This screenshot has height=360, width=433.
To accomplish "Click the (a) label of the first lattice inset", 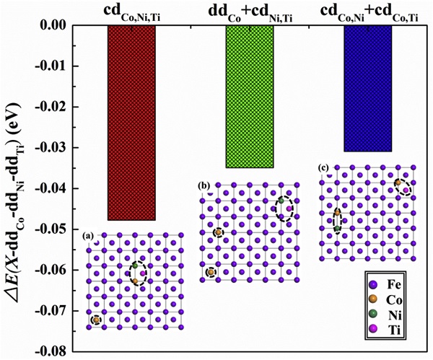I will (89, 235).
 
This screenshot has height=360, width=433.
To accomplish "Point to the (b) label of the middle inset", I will (204, 187).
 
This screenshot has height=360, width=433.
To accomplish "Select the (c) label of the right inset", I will (323, 168).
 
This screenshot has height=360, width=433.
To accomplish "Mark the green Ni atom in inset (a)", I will (135, 265).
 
